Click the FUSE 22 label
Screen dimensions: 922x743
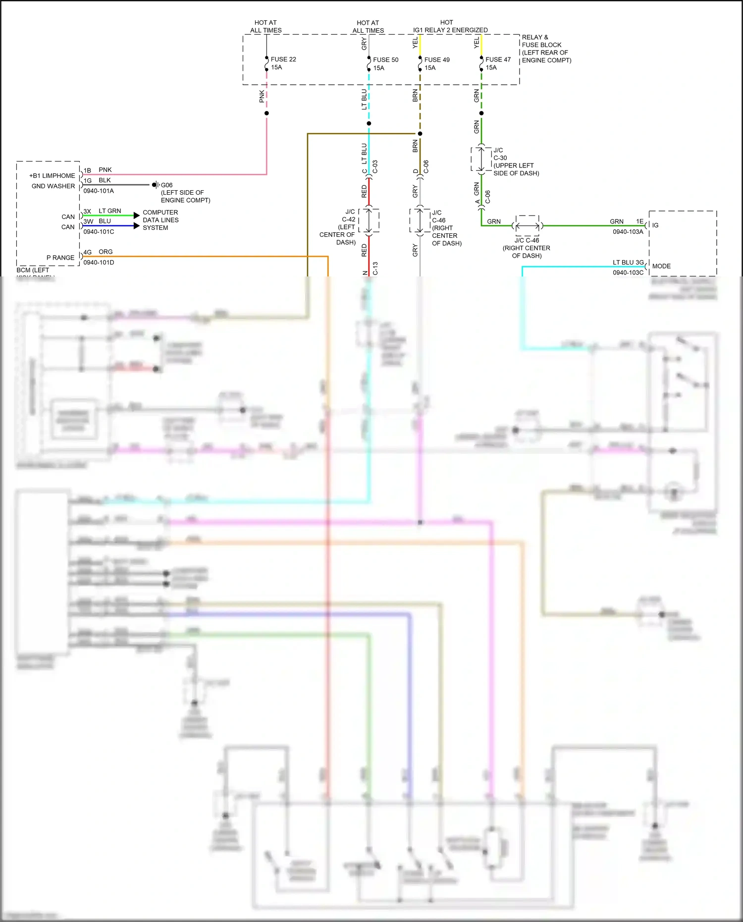pos(283,59)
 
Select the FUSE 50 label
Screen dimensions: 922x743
pos(385,60)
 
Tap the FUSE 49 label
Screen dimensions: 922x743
pos(437,60)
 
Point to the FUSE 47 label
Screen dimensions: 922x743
pos(498,59)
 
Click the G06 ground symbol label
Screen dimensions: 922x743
pos(166,185)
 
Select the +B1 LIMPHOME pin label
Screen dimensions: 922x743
pos(52,176)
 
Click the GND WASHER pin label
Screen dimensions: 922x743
pos(53,186)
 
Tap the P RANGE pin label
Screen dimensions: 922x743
pos(60,258)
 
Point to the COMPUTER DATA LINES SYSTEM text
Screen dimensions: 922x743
pos(160,220)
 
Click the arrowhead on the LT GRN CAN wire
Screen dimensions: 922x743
pos(137,216)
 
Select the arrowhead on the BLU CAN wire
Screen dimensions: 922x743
pos(137,226)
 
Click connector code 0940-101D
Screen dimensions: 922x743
pos(99,263)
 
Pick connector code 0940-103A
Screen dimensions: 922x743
pos(628,232)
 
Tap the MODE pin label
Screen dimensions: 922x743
pos(661,267)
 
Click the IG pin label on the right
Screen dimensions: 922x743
pos(655,225)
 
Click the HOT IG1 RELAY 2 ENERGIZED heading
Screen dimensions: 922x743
pos(450,26)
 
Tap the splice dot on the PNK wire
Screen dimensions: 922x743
pos(266,113)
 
